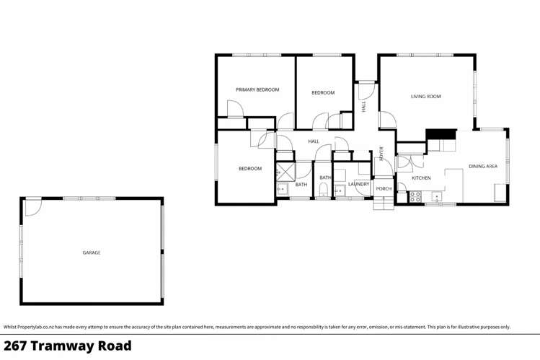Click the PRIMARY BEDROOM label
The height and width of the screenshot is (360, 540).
pos(257,89)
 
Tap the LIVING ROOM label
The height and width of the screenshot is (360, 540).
pos(425,96)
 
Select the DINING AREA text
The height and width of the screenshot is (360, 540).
pos(482,167)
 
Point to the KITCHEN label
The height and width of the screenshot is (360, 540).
pos(421,177)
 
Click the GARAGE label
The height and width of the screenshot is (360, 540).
pos(91,253)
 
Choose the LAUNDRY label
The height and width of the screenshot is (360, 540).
pos(358,184)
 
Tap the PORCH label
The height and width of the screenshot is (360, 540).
pos(384,189)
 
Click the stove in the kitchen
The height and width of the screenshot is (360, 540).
pos(415,196)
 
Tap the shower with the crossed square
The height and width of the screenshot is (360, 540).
pos(283,172)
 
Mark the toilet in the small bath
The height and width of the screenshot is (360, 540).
pos(324,190)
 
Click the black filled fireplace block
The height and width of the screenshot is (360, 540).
pos(441,134)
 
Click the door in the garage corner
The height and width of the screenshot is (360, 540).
pos(32,207)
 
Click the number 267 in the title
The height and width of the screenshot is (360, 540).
pos(17,346)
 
